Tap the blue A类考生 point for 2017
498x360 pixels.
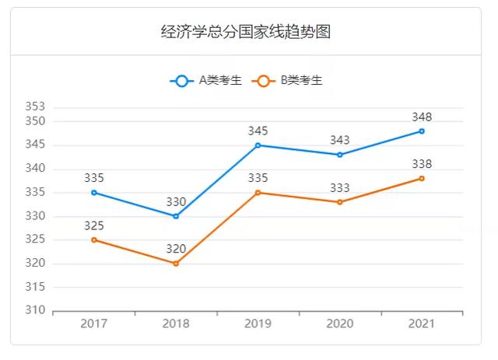pos(94,192)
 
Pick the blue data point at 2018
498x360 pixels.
pos(176,216)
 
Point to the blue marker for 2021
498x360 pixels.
pos(422,131)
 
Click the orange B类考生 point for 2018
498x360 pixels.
pos(176,264)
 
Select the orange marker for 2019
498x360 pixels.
pos(258,192)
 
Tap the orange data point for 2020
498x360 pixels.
pos(340,202)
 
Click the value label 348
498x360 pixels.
pos(422,117)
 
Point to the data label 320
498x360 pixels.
pos(176,249)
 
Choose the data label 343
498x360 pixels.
pos(340,140)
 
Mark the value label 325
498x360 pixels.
pos(94,225)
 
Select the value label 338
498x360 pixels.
pos(422,164)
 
